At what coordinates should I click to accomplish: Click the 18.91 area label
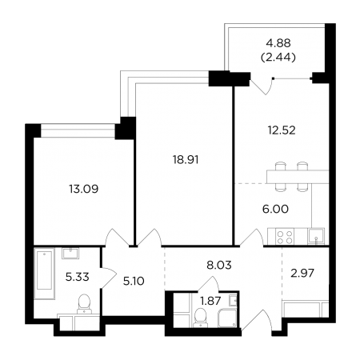point(186,160)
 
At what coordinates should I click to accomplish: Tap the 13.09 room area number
point(84,189)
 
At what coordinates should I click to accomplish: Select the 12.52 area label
point(282,130)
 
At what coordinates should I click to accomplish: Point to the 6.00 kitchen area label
point(275,209)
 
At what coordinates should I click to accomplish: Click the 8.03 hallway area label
point(219,265)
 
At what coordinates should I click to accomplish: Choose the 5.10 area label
point(134,281)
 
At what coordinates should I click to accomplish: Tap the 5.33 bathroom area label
point(78,277)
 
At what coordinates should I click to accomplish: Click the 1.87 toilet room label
point(210,301)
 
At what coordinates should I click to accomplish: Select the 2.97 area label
point(303,273)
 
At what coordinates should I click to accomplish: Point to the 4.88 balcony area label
point(278,43)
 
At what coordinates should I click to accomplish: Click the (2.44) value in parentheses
point(278,57)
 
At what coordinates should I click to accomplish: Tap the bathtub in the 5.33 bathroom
point(44,274)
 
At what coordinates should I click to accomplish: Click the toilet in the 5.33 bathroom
point(84,303)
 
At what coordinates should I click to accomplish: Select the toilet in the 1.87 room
point(199,317)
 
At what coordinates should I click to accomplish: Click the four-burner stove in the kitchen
point(285,237)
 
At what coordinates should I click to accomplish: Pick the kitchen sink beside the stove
point(316,236)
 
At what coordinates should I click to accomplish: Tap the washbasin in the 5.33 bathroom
point(70,253)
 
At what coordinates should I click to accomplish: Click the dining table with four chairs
point(298,177)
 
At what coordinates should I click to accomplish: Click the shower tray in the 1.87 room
point(227,318)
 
